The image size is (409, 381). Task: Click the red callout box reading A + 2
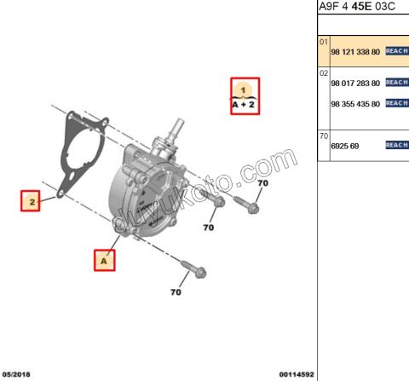[x=243, y=95]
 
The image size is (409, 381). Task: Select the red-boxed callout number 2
[x=32, y=202]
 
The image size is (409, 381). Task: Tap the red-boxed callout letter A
[x=105, y=259]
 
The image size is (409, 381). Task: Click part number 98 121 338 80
[x=354, y=52]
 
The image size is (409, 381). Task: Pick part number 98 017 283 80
[x=354, y=83]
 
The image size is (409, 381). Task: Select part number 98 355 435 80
[x=354, y=103]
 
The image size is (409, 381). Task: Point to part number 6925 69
[x=345, y=146]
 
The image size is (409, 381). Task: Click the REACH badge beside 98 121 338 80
[x=397, y=52]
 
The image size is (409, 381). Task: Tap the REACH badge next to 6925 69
[x=397, y=146]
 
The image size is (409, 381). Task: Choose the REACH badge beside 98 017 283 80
[x=397, y=83]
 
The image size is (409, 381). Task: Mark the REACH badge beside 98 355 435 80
[x=397, y=103]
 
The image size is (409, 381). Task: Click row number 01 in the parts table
[x=324, y=42]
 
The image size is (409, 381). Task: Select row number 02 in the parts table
[x=324, y=73]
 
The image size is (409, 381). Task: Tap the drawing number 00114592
[x=297, y=374]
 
